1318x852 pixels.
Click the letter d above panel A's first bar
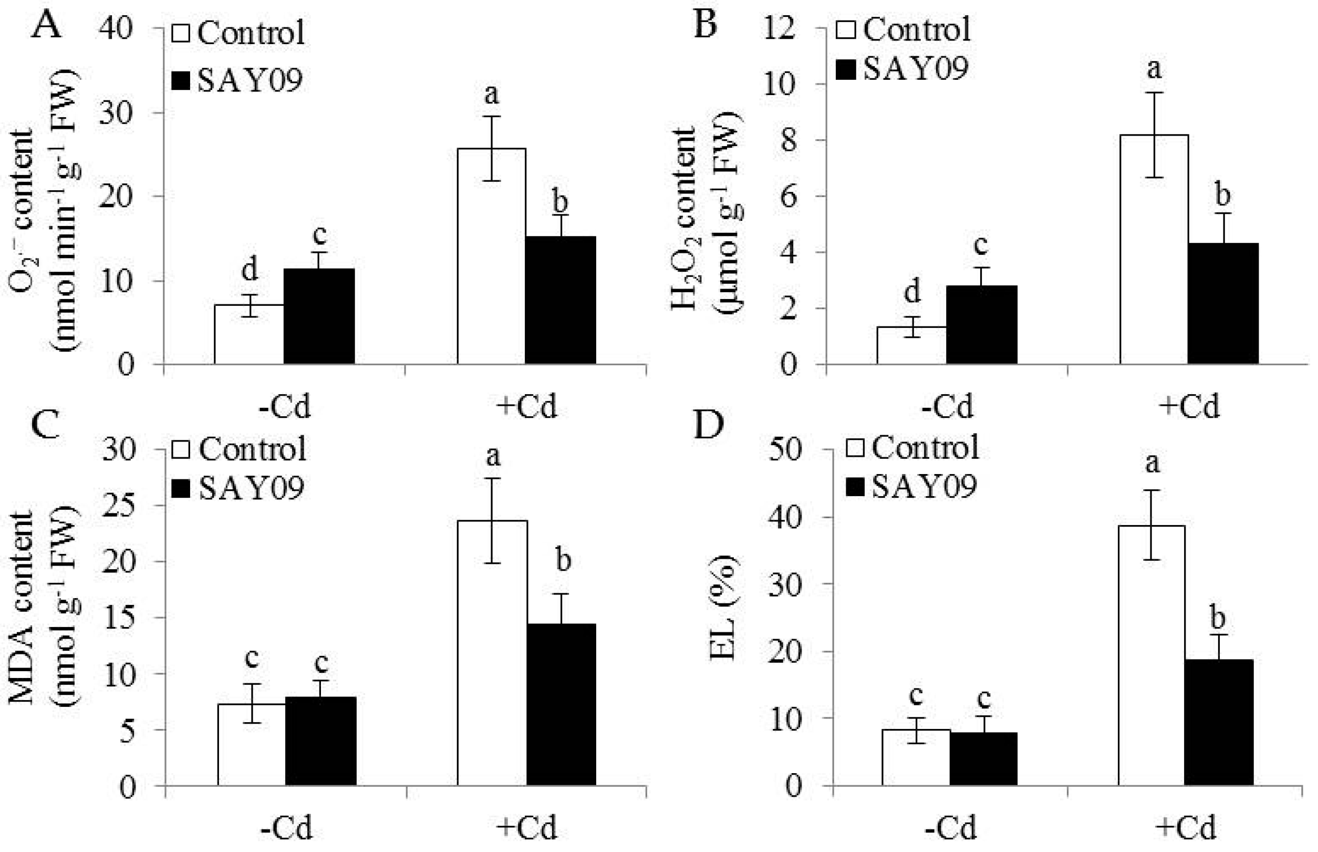pos(250,270)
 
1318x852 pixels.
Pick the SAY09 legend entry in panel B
pos(901,69)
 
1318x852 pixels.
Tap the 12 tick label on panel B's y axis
pos(779,28)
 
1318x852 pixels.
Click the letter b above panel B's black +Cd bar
pos(1222,195)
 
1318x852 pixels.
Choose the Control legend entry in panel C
pos(239,449)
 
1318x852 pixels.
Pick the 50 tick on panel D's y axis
pos(784,449)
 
